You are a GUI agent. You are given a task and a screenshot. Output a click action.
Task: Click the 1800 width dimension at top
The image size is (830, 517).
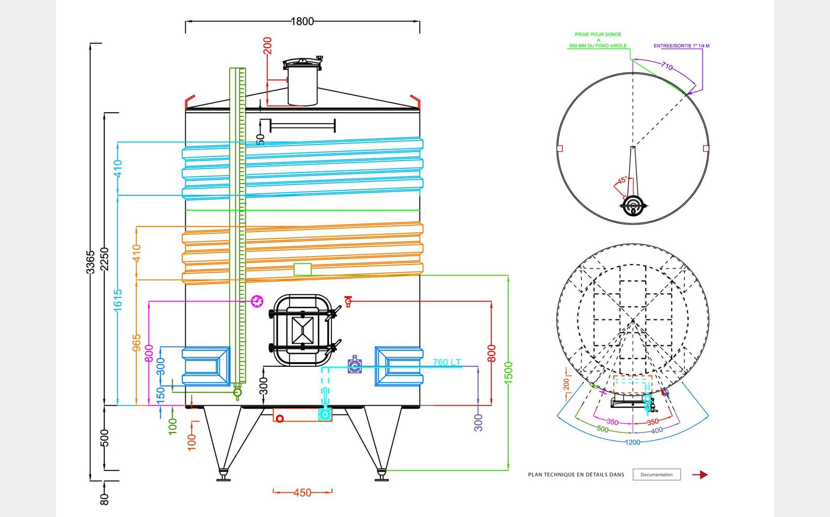[x=302, y=21]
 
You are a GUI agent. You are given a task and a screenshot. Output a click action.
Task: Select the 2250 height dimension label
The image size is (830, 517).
[x=104, y=259]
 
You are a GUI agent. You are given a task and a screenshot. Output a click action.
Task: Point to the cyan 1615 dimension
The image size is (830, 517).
[x=118, y=300]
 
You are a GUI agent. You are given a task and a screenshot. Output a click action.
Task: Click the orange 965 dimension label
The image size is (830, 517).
[x=137, y=343]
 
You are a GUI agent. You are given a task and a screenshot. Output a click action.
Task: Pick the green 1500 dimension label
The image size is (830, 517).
[x=509, y=372]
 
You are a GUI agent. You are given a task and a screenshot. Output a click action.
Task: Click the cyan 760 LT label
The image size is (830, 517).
[x=447, y=362]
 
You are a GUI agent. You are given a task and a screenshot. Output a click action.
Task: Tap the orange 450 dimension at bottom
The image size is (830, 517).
[x=302, y=492]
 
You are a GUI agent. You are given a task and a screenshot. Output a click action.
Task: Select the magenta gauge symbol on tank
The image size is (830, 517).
[x=257, y=301]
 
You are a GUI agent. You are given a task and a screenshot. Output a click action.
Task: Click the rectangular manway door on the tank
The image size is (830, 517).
[x=303, y=330]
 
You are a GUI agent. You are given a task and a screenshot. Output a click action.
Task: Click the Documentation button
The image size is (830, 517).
[x=657, y=475]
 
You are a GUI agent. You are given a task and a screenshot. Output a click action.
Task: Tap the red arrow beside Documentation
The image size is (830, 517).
[x=700, y=475]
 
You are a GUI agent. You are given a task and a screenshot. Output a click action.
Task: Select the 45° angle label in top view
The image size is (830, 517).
[x=622, y=181]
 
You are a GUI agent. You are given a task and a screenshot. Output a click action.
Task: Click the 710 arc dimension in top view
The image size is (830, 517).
[x=667, y=66]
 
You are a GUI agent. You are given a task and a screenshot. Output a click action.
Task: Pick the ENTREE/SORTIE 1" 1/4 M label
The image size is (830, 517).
[x=681, y=46]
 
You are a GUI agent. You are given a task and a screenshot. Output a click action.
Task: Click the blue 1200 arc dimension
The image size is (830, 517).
[x=633, y=442]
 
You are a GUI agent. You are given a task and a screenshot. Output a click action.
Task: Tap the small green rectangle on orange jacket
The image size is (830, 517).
[x=303, y=269]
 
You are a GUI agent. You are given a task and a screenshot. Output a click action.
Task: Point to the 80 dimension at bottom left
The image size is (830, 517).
[x=104, y=499]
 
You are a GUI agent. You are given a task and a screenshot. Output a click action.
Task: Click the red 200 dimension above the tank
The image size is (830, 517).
[x=268, y=46]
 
